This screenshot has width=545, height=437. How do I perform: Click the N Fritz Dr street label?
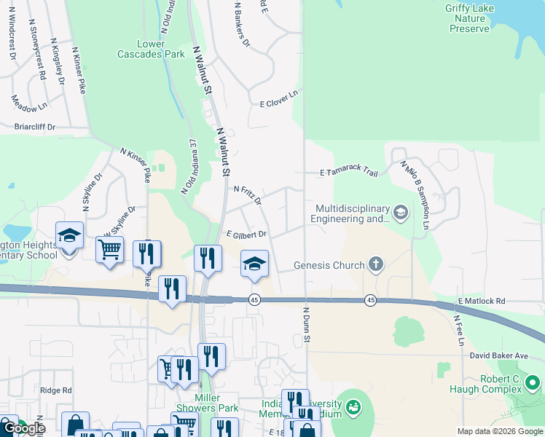247,193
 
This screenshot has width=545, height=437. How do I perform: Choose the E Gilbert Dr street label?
246,235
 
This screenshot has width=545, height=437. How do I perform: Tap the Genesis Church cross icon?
376,264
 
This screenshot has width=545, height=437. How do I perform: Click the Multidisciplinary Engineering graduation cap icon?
400,212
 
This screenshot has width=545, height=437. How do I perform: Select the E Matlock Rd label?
482,301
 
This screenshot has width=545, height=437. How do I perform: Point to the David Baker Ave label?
498,355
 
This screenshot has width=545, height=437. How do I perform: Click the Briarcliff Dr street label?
35,126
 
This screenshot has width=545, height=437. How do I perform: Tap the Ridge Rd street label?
56,390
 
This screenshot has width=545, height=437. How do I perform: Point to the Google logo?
24,428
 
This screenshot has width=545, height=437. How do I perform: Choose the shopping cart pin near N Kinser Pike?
109,250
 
